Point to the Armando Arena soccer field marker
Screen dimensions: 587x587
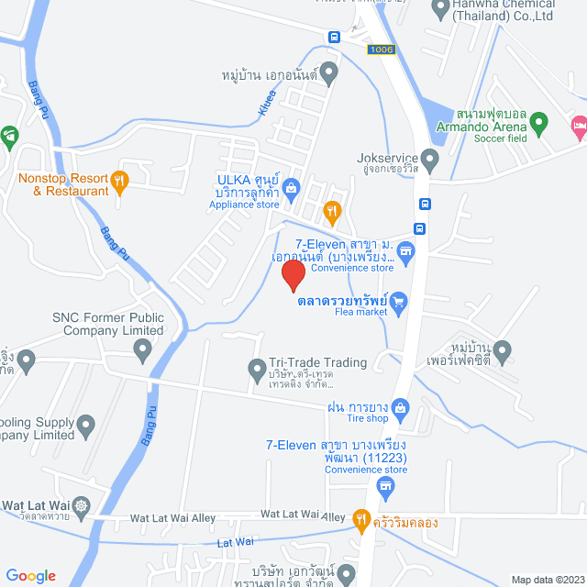click(539, 121)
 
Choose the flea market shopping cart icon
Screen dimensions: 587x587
click(399, 300)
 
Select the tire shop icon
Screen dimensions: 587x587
click(399, 406)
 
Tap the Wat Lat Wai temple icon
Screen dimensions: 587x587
click(83, 504)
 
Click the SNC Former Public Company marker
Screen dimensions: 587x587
click(142, 349)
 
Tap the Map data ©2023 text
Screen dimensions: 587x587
click(547, 579)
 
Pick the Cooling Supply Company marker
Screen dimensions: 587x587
click(86, 425)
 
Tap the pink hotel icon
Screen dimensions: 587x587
click(579, 125)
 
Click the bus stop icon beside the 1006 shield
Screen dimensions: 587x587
click(334, 37)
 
